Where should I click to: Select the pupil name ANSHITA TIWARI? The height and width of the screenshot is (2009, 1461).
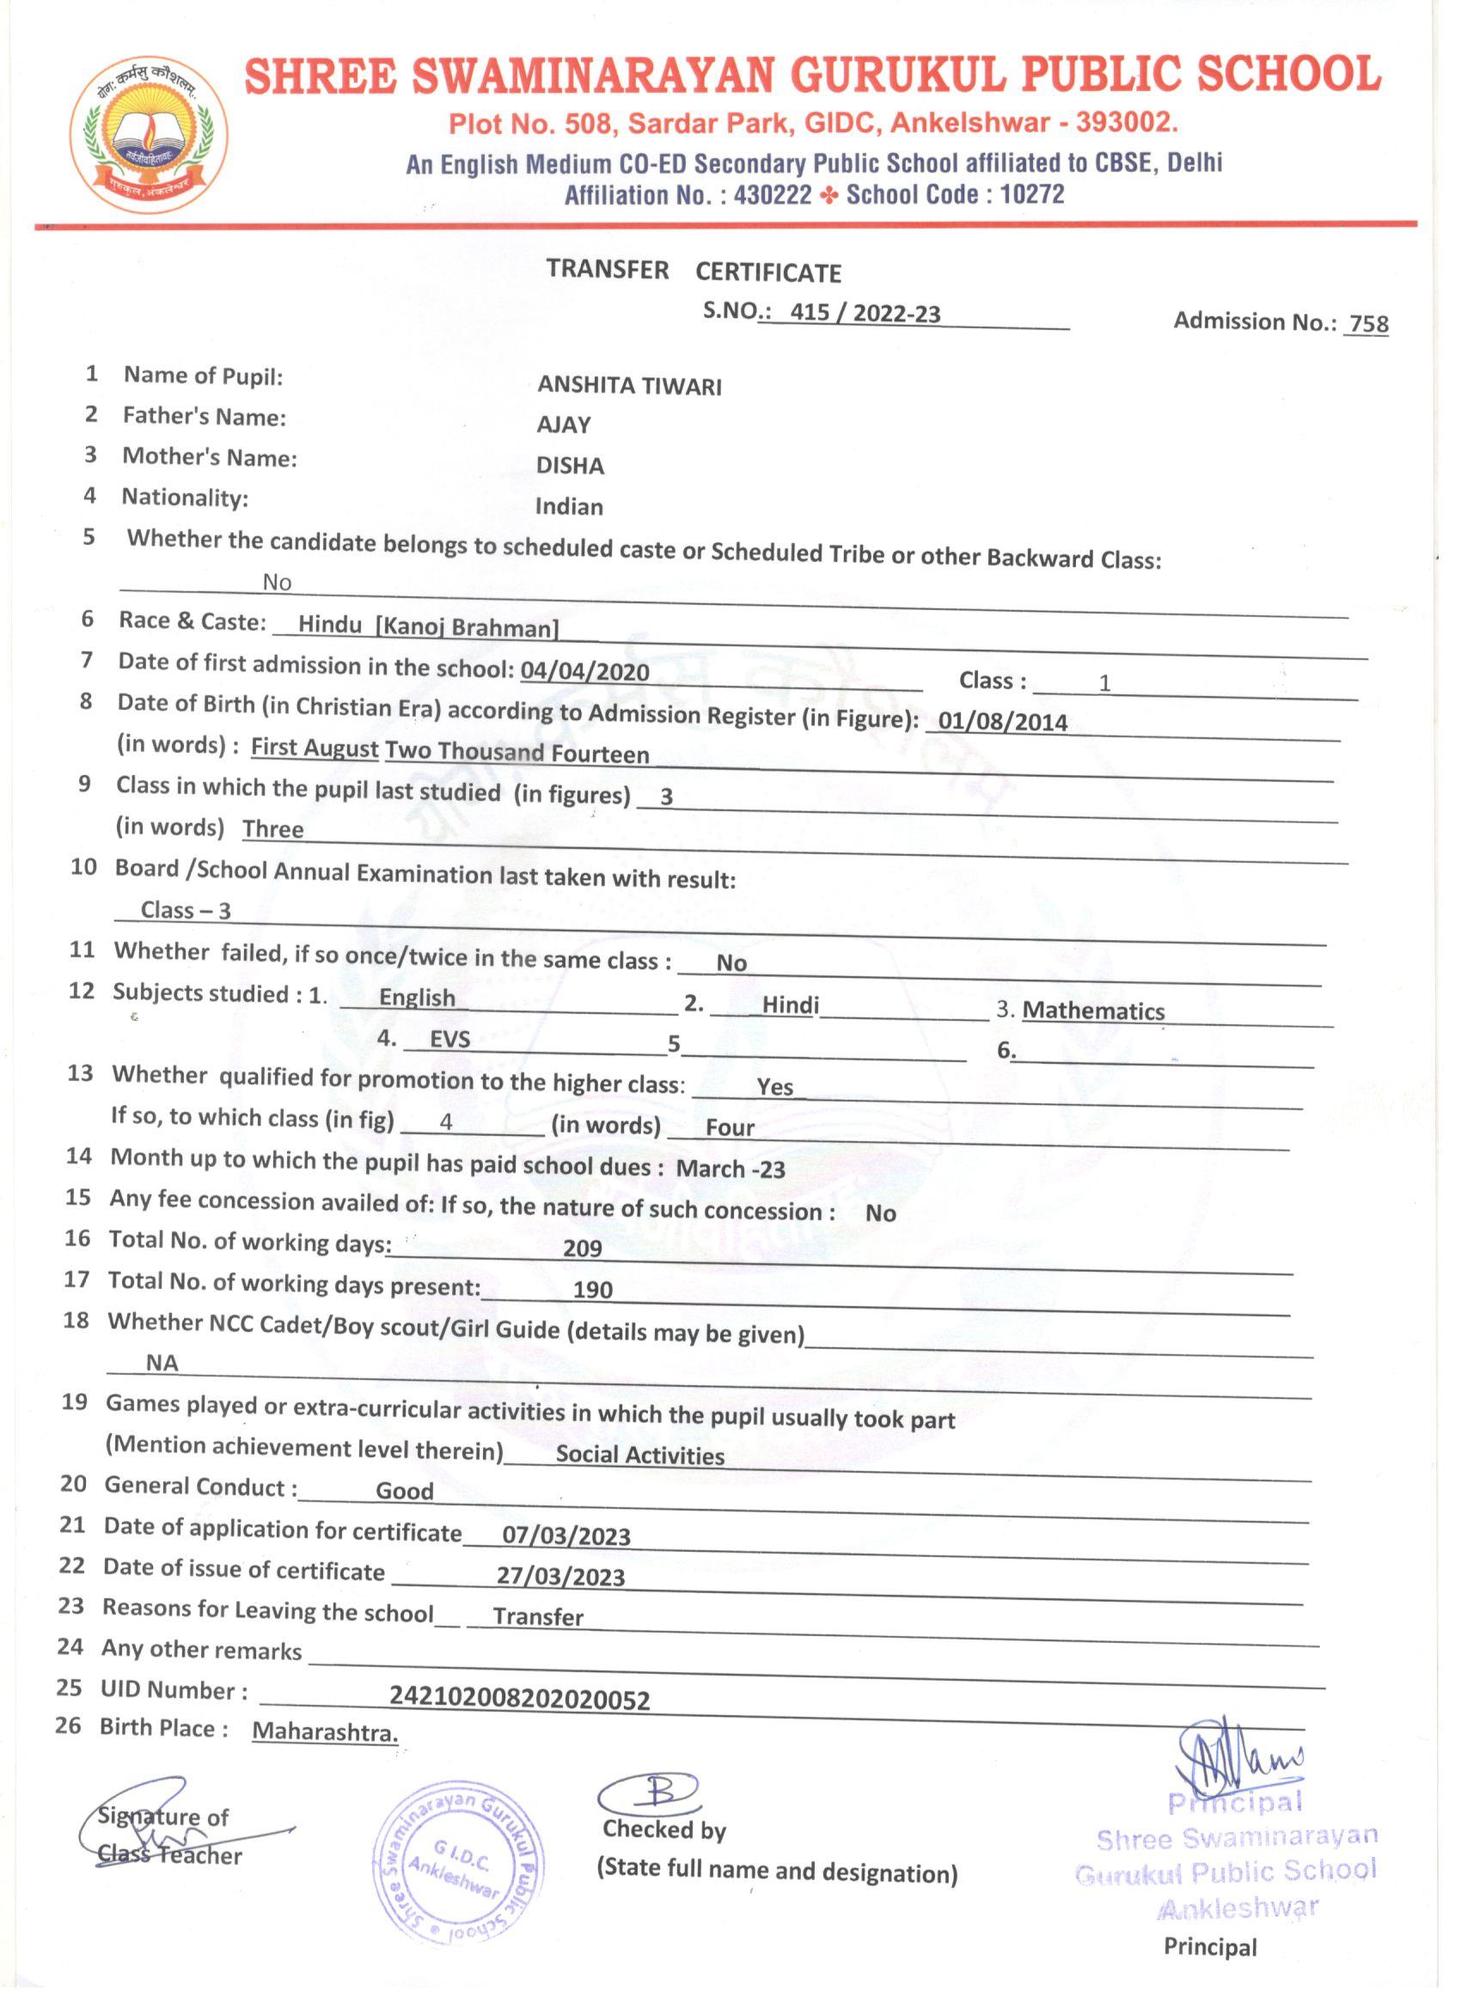[x=629, y=386]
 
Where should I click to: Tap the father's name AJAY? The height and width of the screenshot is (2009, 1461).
[x=564, y=426]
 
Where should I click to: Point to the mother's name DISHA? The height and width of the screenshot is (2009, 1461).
[x=570, y=467]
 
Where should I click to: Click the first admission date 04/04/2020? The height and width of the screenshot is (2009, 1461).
[x=584, y=671]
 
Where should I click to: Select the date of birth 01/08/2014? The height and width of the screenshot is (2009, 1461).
[x=1003, y=721]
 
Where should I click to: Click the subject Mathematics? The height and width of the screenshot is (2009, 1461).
[x=1093, y=1011]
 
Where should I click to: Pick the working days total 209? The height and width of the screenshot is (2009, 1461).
[x=582, y=1248]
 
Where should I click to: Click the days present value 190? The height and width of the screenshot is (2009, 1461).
[x=593, y=1290]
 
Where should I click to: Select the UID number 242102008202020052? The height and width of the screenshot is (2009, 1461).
[x=520, y=1699]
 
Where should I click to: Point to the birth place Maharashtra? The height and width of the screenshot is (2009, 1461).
[x=325, y=1731]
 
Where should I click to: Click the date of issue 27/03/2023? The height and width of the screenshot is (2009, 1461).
[x=561, y=1577]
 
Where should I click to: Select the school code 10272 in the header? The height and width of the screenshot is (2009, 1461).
[x=1032, y=194]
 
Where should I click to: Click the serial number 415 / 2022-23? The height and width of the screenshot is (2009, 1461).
[x=865, y=314]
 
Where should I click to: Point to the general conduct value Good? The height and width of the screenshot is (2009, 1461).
[x=405, y=1491]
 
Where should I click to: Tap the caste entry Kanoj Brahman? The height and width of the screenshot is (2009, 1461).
[x=468, y=628]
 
